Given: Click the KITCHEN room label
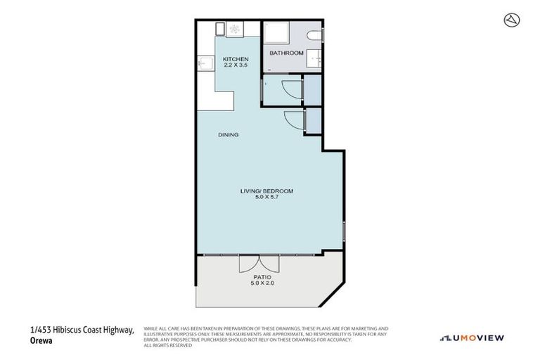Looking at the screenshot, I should (236, 58).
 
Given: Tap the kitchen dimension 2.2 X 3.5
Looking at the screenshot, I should (236, 65).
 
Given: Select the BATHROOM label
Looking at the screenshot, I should (287, 53).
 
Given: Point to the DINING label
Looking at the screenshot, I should (228, 135).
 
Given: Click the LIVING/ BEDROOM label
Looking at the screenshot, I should (268, 191).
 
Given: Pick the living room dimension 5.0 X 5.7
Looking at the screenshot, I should (268, 198).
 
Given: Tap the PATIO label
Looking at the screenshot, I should (261, 278).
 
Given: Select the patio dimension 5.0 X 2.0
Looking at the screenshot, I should (261, 284).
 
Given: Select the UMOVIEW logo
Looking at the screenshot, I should (472, 338).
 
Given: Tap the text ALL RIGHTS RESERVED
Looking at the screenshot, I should (168, 345).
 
